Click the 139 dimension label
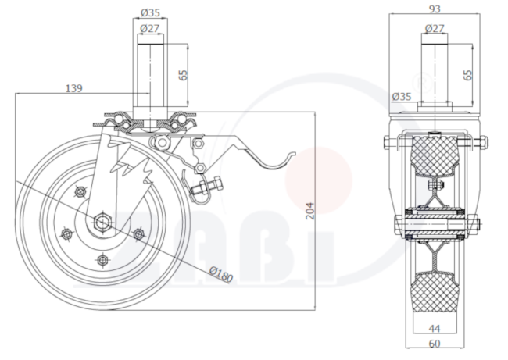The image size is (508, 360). click(x=74, y=88)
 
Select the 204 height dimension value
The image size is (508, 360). click(x=309, y=211)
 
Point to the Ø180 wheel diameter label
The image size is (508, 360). click(x=221, y=274)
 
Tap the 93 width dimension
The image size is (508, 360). click(x=434, y=9)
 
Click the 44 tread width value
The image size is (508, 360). click(x=434, y=329)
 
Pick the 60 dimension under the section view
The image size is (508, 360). click(x=434, y=343)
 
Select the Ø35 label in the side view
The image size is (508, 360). click(x=150, y=12)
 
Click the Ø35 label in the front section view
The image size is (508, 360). click(x=402, y=97)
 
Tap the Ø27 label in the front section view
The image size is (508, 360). click(x=434, y=28)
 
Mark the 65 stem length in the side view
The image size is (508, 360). click(x=183, y=75)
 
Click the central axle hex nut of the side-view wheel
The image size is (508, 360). click(x=102, y=222)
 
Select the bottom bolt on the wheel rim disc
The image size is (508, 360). click(x=103, y=260)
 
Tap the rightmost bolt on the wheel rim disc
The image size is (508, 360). click(x=139, y=233)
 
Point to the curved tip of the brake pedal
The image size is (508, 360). click(x=293, y=154)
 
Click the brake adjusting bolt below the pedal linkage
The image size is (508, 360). click(x=206, y=187)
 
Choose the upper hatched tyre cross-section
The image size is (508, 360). click(x=434, y=156)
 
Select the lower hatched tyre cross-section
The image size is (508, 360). click(x=435, y=292)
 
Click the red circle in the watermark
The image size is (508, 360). click(x=318, y=180)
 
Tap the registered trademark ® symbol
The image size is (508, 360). click(x=421, y=83)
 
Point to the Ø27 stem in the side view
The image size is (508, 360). click(x=150, y=76)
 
